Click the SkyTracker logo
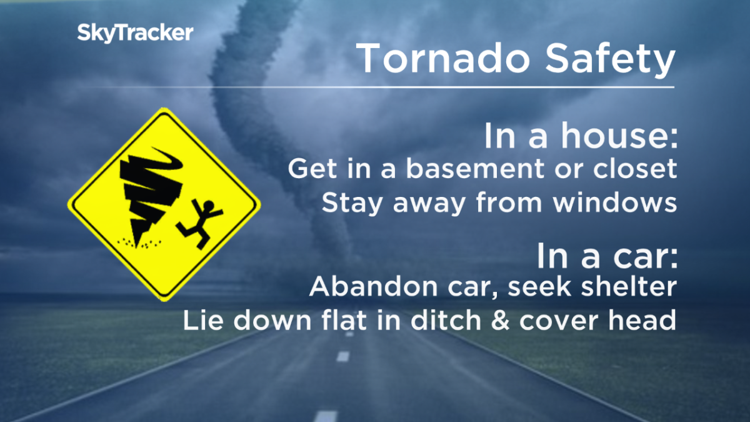pos(135,33)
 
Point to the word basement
pos(459,169)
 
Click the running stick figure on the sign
pos(201,223)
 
